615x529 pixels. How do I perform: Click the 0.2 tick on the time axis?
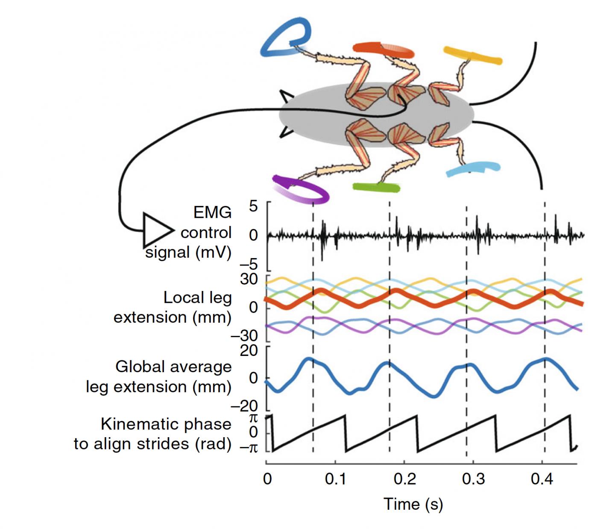(x=404, y=479)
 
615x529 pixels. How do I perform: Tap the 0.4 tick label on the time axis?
(x=542, y=479)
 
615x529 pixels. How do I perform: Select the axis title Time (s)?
(x=413, y=504)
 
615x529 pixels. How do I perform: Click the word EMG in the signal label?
(x=212, y=212)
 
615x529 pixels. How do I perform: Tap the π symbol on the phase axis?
(x=253, y=417)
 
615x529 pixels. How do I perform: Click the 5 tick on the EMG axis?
(x=254, y=206)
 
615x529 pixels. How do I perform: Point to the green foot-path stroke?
(x=376, y=187)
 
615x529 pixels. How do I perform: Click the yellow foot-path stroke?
(x=473, y=56)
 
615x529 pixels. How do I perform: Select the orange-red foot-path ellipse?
(x=383, y=50)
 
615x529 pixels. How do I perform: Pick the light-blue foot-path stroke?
(x=473, y=169)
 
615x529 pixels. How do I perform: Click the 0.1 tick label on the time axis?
(x=336, y=479)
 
